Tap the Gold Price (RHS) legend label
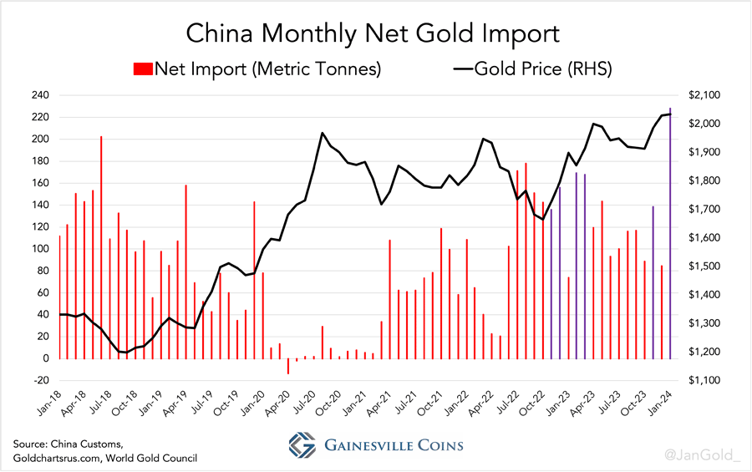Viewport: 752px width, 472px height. tap(543, 69)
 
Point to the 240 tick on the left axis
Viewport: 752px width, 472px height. tap(40, 95)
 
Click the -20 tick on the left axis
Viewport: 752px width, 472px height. tap(40, 381)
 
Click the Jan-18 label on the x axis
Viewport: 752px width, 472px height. tap(49, 399)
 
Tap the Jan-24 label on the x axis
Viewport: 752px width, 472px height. tap(660, 399)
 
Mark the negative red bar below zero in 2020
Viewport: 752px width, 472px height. tap(288, 367)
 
